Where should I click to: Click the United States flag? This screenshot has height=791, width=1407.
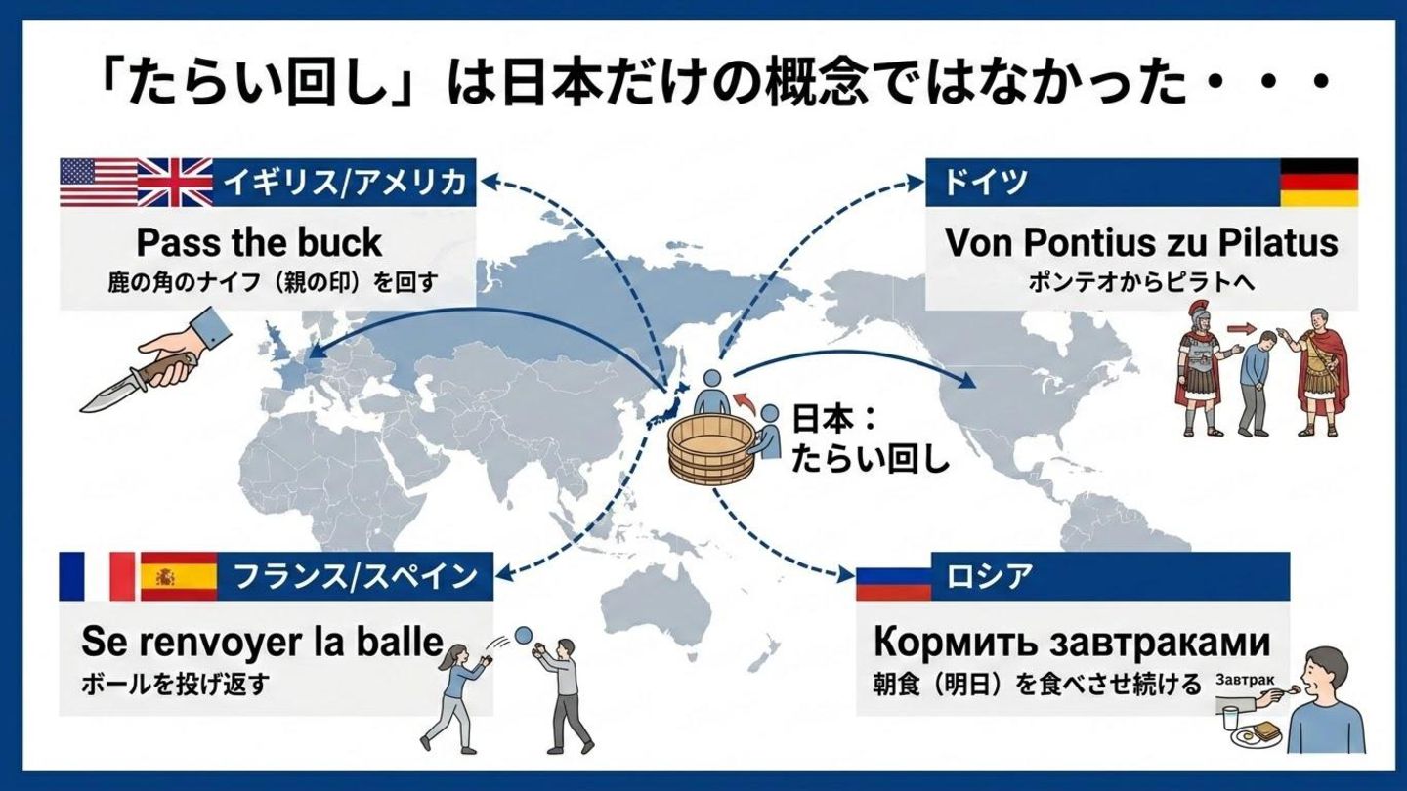(98, 183)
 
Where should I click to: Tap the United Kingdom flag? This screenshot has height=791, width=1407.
(175, 183)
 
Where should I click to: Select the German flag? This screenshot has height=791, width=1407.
(1318, 183)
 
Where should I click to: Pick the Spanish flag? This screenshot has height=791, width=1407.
(179, 576)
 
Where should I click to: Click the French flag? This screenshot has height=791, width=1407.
(96, 576)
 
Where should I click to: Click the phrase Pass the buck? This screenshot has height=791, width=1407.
(259, 242)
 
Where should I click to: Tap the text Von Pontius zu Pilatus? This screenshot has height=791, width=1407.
(1140, 242)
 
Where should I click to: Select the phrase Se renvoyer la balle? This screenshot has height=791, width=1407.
(262, 643)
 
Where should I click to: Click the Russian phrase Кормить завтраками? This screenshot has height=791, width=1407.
(1071, 643)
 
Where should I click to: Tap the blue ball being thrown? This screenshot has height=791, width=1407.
(523, 635)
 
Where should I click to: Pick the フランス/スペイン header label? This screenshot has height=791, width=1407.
(355, 576)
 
